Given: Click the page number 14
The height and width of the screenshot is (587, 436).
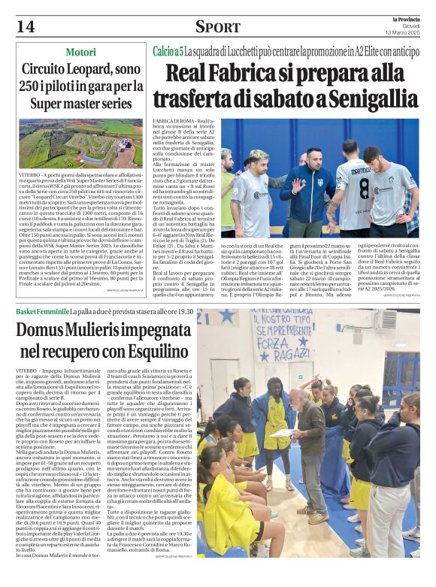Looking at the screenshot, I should point(26,26).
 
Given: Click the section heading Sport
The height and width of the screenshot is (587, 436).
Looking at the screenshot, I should point(218,27).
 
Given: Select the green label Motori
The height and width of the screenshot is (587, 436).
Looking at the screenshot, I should point(80,52).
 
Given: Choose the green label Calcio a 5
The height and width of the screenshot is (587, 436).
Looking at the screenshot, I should point(168,51).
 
